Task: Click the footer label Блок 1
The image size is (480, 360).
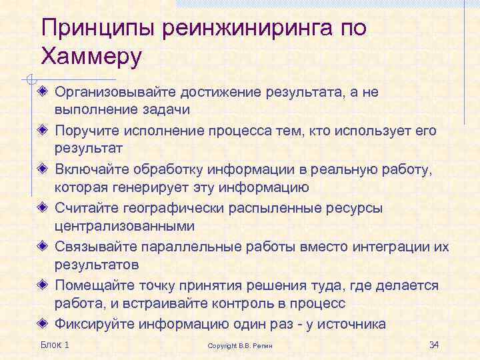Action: click(x=55, y=345)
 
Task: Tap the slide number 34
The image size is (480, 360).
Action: click(x=434, y=345)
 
